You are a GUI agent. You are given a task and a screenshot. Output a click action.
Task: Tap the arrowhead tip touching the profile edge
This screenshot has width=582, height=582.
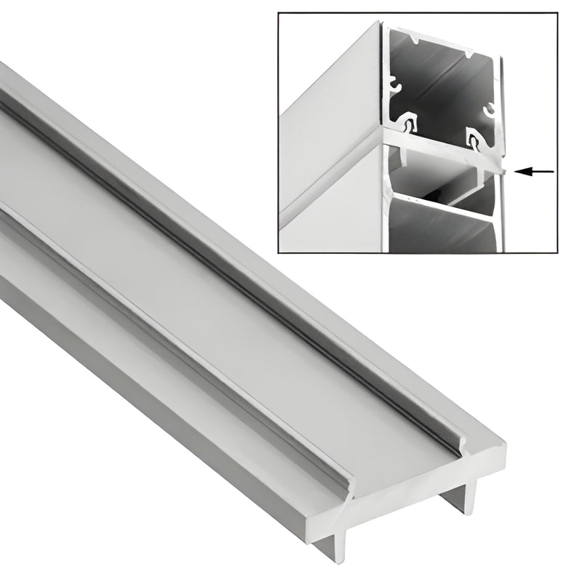516,171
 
